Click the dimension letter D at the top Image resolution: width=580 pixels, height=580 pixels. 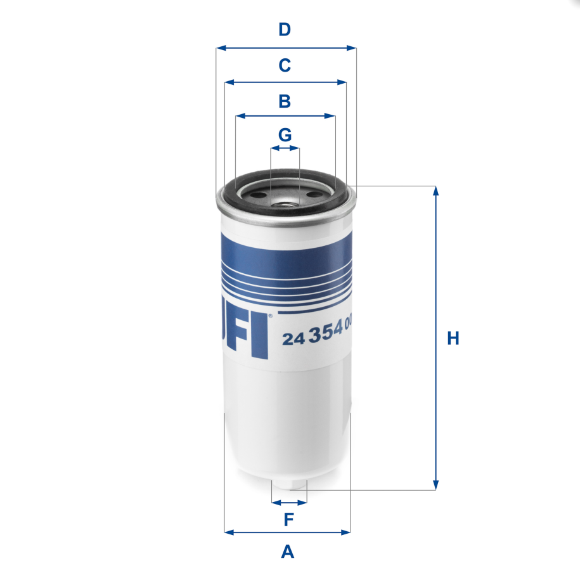coord(285,29)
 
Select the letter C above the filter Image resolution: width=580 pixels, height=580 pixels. coord(285,65)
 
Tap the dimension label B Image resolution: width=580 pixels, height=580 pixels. coord(285,101)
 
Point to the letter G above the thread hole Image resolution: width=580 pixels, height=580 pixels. coord(285,135)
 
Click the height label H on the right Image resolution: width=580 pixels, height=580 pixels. coord(453,338)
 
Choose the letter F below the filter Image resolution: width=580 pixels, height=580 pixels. coord(288,520)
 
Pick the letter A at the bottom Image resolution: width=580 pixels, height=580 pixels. coord(288,552)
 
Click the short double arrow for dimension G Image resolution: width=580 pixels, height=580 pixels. coord(285,149)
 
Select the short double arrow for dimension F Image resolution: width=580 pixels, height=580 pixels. coord(289,503)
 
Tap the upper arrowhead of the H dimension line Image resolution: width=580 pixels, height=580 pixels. coord(435,191)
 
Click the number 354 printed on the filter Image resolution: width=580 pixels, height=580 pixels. coord(325,334)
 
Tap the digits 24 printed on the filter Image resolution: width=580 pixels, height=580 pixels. coord(292,339)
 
